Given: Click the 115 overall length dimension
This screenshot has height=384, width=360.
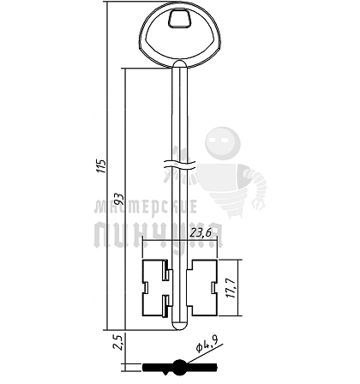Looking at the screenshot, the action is tap(101, 165).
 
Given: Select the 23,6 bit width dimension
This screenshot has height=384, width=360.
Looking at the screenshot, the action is tap(201, 233).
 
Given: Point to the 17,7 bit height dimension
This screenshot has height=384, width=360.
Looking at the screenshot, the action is tap(231, 288).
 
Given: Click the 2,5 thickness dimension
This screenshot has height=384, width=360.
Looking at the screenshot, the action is tap(118, 342).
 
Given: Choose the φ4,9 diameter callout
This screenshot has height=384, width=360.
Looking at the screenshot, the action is tap(207, 344).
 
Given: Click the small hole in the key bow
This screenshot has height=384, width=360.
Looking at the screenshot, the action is tap(179, 19).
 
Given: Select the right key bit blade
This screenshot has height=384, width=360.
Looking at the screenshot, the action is tap(202, 288).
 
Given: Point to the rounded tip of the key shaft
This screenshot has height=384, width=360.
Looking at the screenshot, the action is tap(180, 326).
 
